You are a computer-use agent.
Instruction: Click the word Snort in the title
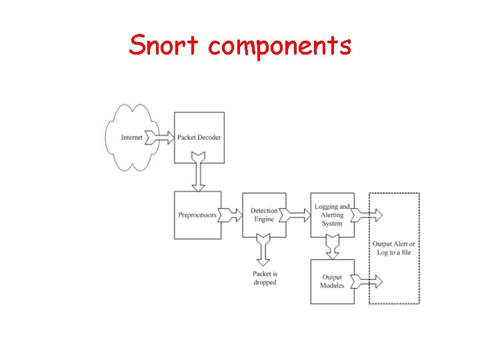coord(165,45)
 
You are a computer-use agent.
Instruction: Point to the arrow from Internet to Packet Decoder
coord(160,137)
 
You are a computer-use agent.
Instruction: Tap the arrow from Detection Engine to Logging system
coord(298,215)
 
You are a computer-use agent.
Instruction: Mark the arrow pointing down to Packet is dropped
coord(264,249)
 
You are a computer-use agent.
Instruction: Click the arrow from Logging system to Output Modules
coord(332,249)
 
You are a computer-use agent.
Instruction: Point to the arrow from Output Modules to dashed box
coord(369,281)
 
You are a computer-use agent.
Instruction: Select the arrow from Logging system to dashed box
coord(369,215)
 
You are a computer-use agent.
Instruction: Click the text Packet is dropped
coord(265,278)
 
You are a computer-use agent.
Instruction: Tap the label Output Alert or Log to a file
coord(393,248)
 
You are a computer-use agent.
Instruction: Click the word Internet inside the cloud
coord(133,137)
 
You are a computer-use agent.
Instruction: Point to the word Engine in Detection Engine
coord(264,219)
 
